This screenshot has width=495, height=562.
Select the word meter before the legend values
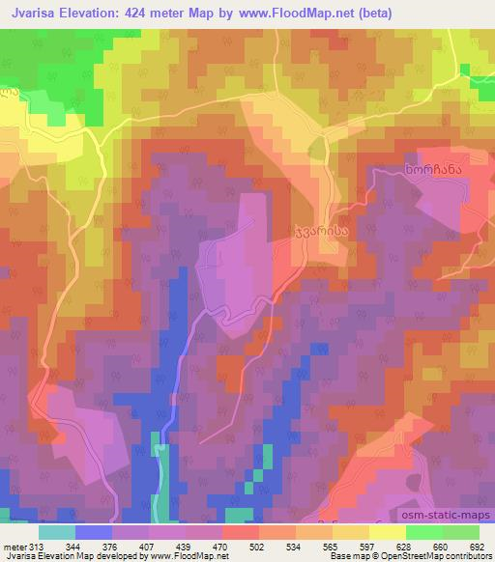coord(15,546)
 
